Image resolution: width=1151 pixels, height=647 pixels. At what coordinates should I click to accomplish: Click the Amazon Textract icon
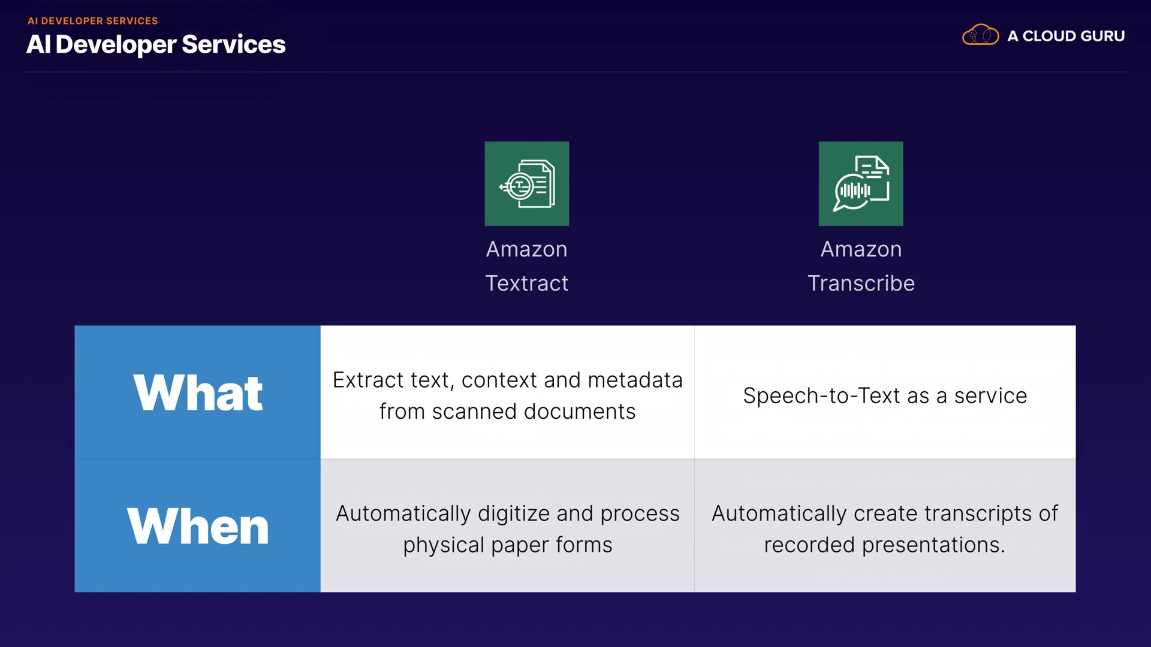[526, 184]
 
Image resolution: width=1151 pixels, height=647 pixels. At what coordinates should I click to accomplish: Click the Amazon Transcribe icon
[860, 184]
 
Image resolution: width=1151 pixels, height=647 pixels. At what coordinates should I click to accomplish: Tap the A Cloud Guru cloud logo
[980, 35]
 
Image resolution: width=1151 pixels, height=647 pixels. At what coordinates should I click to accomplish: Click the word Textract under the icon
[526, 283]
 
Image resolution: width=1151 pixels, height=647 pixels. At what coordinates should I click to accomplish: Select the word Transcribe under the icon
[861, 283]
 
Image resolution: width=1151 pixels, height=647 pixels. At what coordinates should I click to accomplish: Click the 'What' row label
[198, 393]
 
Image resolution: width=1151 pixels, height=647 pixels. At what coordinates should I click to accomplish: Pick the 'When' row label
[198, 526]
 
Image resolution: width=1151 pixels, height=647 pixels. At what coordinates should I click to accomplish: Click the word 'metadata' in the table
[635, 380]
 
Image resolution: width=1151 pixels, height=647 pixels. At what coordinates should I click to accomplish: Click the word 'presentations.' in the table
[933, 545]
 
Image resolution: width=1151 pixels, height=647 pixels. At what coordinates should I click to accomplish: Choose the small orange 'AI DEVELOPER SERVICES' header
[93, 21]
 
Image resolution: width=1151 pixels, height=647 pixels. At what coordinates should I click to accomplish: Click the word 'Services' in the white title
[233, 44]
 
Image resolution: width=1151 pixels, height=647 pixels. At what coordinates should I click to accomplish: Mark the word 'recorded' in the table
[809, 545]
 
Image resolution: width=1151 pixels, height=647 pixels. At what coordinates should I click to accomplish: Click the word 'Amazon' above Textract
[526, 249]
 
